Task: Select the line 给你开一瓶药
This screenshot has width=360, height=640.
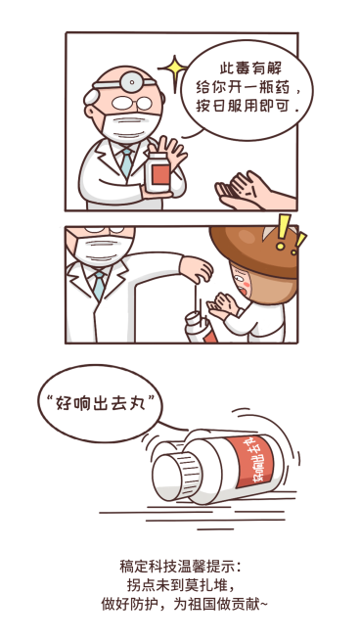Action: click(x=249, y=85)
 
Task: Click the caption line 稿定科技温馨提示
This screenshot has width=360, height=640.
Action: click(x=179, y=566)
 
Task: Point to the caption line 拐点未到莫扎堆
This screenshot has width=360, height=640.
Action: click(x=179, y=585)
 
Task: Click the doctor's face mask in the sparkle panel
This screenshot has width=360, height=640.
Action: click(x=128, y=126)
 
